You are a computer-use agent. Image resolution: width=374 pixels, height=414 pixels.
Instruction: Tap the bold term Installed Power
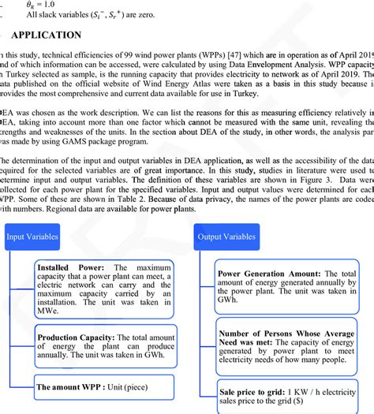[x=63, y=268]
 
